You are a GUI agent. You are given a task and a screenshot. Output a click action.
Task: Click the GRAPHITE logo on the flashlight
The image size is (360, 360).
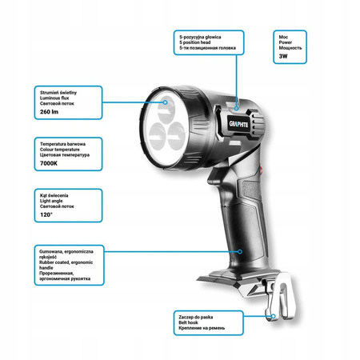(x=238, y=124)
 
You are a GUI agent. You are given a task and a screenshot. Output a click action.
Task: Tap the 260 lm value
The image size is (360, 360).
(x=49, y=112)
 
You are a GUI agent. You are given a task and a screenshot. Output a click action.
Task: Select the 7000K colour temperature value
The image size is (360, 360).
(x=49, y=163)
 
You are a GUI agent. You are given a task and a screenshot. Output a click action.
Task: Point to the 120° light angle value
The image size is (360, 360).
(x=46, y=214)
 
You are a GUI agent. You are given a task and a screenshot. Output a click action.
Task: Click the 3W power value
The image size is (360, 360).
(x=283, y=56)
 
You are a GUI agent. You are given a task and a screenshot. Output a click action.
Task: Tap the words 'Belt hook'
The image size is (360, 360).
(x=188, y=322)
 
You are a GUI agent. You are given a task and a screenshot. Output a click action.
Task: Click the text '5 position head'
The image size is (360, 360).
(x=195, y=42)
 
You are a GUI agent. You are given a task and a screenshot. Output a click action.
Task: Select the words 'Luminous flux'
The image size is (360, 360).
(x=54, y=98)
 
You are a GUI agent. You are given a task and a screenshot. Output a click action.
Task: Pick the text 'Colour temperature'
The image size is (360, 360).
(x=60, y=150)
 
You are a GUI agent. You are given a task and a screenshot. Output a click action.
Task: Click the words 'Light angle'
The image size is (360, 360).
(x=51, y=201)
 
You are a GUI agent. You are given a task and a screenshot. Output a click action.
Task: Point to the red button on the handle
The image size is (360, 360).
(x=262, y=170)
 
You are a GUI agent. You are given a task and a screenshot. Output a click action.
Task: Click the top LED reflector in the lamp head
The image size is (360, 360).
(x=166, y=110)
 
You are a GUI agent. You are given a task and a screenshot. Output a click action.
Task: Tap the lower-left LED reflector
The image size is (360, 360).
(x=158, y=136)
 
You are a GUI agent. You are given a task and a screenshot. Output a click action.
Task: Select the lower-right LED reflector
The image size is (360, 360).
(x=176, y=136)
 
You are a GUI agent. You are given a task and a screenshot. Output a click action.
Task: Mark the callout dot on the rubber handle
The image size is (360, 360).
(x=240, y=251)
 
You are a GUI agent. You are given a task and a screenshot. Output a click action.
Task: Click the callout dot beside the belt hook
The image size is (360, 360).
(x=274, y=316)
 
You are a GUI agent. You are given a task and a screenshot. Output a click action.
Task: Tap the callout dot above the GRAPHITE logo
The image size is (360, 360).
(x=236, y=108)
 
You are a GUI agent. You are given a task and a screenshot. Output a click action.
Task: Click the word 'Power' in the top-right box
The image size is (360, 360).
(x=286, y=42)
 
